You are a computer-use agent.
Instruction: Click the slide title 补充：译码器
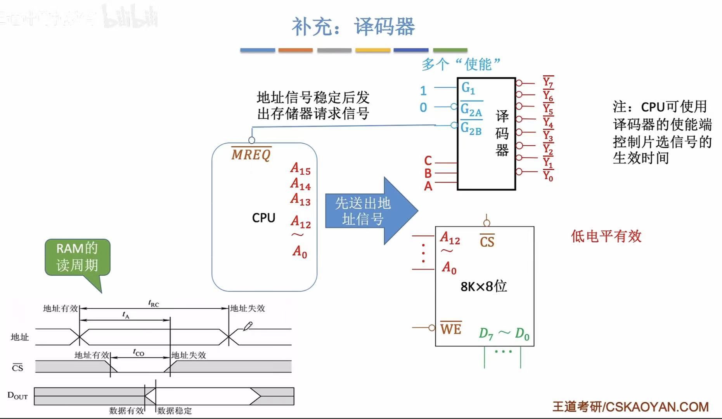tap(353, 27)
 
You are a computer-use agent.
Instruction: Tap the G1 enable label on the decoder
tap(468, 88)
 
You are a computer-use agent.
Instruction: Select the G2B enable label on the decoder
tap(471, 128)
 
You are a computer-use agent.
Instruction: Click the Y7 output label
tap(548, 82)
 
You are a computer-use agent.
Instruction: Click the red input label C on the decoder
tap(428, 160)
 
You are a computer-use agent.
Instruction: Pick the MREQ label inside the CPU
tap(251, 155)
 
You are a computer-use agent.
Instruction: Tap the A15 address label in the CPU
tap(300, 169)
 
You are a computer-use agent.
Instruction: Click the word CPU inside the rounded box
tap(263, 218)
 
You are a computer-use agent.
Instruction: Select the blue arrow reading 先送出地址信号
tap(365, 211)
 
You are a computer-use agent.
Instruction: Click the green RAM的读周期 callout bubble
tap(77, 257)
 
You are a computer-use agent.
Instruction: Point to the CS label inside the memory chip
tap(487, 242)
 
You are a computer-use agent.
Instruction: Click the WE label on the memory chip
tap(451, 329)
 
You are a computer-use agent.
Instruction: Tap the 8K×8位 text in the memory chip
tap(483, 286)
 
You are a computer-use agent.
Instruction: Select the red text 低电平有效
tap(606, 236)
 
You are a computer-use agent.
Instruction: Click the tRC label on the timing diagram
tap(154, 303)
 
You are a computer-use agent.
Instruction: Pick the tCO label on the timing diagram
tap(139, 352)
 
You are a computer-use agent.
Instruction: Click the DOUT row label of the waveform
tap(17, 396)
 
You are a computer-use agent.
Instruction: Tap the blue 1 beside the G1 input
tap(423, 91)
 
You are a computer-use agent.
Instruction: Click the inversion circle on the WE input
tap(432, 328)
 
